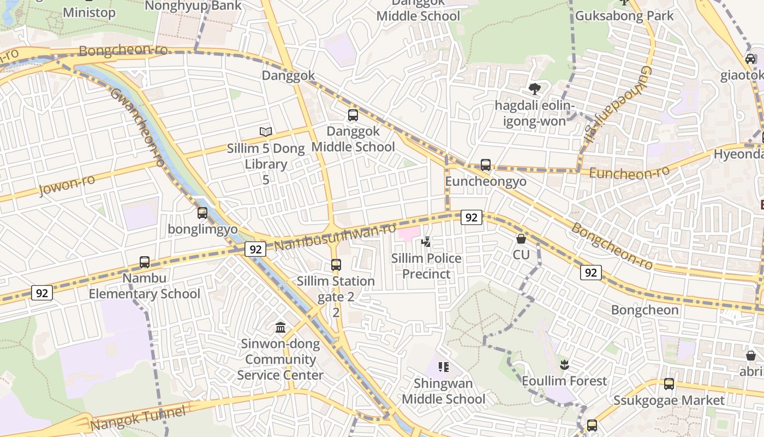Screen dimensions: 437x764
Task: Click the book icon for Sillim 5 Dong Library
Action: [266, 132]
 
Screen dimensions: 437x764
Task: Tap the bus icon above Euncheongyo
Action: [485, 164]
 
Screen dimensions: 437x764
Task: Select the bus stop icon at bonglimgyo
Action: [202, 212]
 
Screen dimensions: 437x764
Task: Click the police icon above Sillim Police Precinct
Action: [426, 241]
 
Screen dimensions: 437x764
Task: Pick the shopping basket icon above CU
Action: [521, 239]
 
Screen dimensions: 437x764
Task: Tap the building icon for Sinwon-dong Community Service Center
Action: [280, 327]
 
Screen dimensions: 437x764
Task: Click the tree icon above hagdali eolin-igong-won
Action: [534, 88]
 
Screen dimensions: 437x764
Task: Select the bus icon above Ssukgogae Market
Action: [669, 383]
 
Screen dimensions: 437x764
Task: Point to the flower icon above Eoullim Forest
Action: [564, 364]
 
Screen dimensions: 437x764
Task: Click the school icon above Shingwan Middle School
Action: [443, 367]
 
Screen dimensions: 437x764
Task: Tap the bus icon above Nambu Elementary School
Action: [145, 262]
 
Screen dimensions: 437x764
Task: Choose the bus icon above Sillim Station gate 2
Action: [336, 265]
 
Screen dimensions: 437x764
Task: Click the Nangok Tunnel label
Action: [138, 418]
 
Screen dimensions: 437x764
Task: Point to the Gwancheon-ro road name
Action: [138, 127]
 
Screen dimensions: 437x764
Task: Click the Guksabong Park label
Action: [624, 16]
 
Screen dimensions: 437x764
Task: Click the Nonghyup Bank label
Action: [193, 5]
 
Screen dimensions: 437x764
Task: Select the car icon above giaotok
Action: [750, 59]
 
